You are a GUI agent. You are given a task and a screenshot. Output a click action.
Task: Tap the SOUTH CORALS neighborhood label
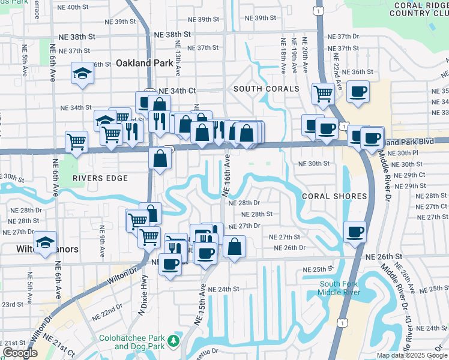click(x=266, y=89)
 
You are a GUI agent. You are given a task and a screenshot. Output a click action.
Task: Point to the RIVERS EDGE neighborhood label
click(x=100, y=178)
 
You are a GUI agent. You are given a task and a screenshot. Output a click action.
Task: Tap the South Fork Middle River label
click(x=339, y=288)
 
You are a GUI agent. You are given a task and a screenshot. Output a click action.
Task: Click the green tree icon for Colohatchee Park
click(x=174, y=341)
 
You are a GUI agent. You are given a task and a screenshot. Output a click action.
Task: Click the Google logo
click(x=20, y=353)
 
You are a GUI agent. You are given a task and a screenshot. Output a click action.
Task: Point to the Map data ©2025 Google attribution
click(x=411, y=355)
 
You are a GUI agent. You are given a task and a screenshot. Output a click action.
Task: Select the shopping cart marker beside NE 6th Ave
click(x=77, y=142)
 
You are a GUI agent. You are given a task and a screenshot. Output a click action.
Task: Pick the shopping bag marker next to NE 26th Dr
click(x=234, y=246)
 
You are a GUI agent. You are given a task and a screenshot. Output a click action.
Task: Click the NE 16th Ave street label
click(x=227, y=175)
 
